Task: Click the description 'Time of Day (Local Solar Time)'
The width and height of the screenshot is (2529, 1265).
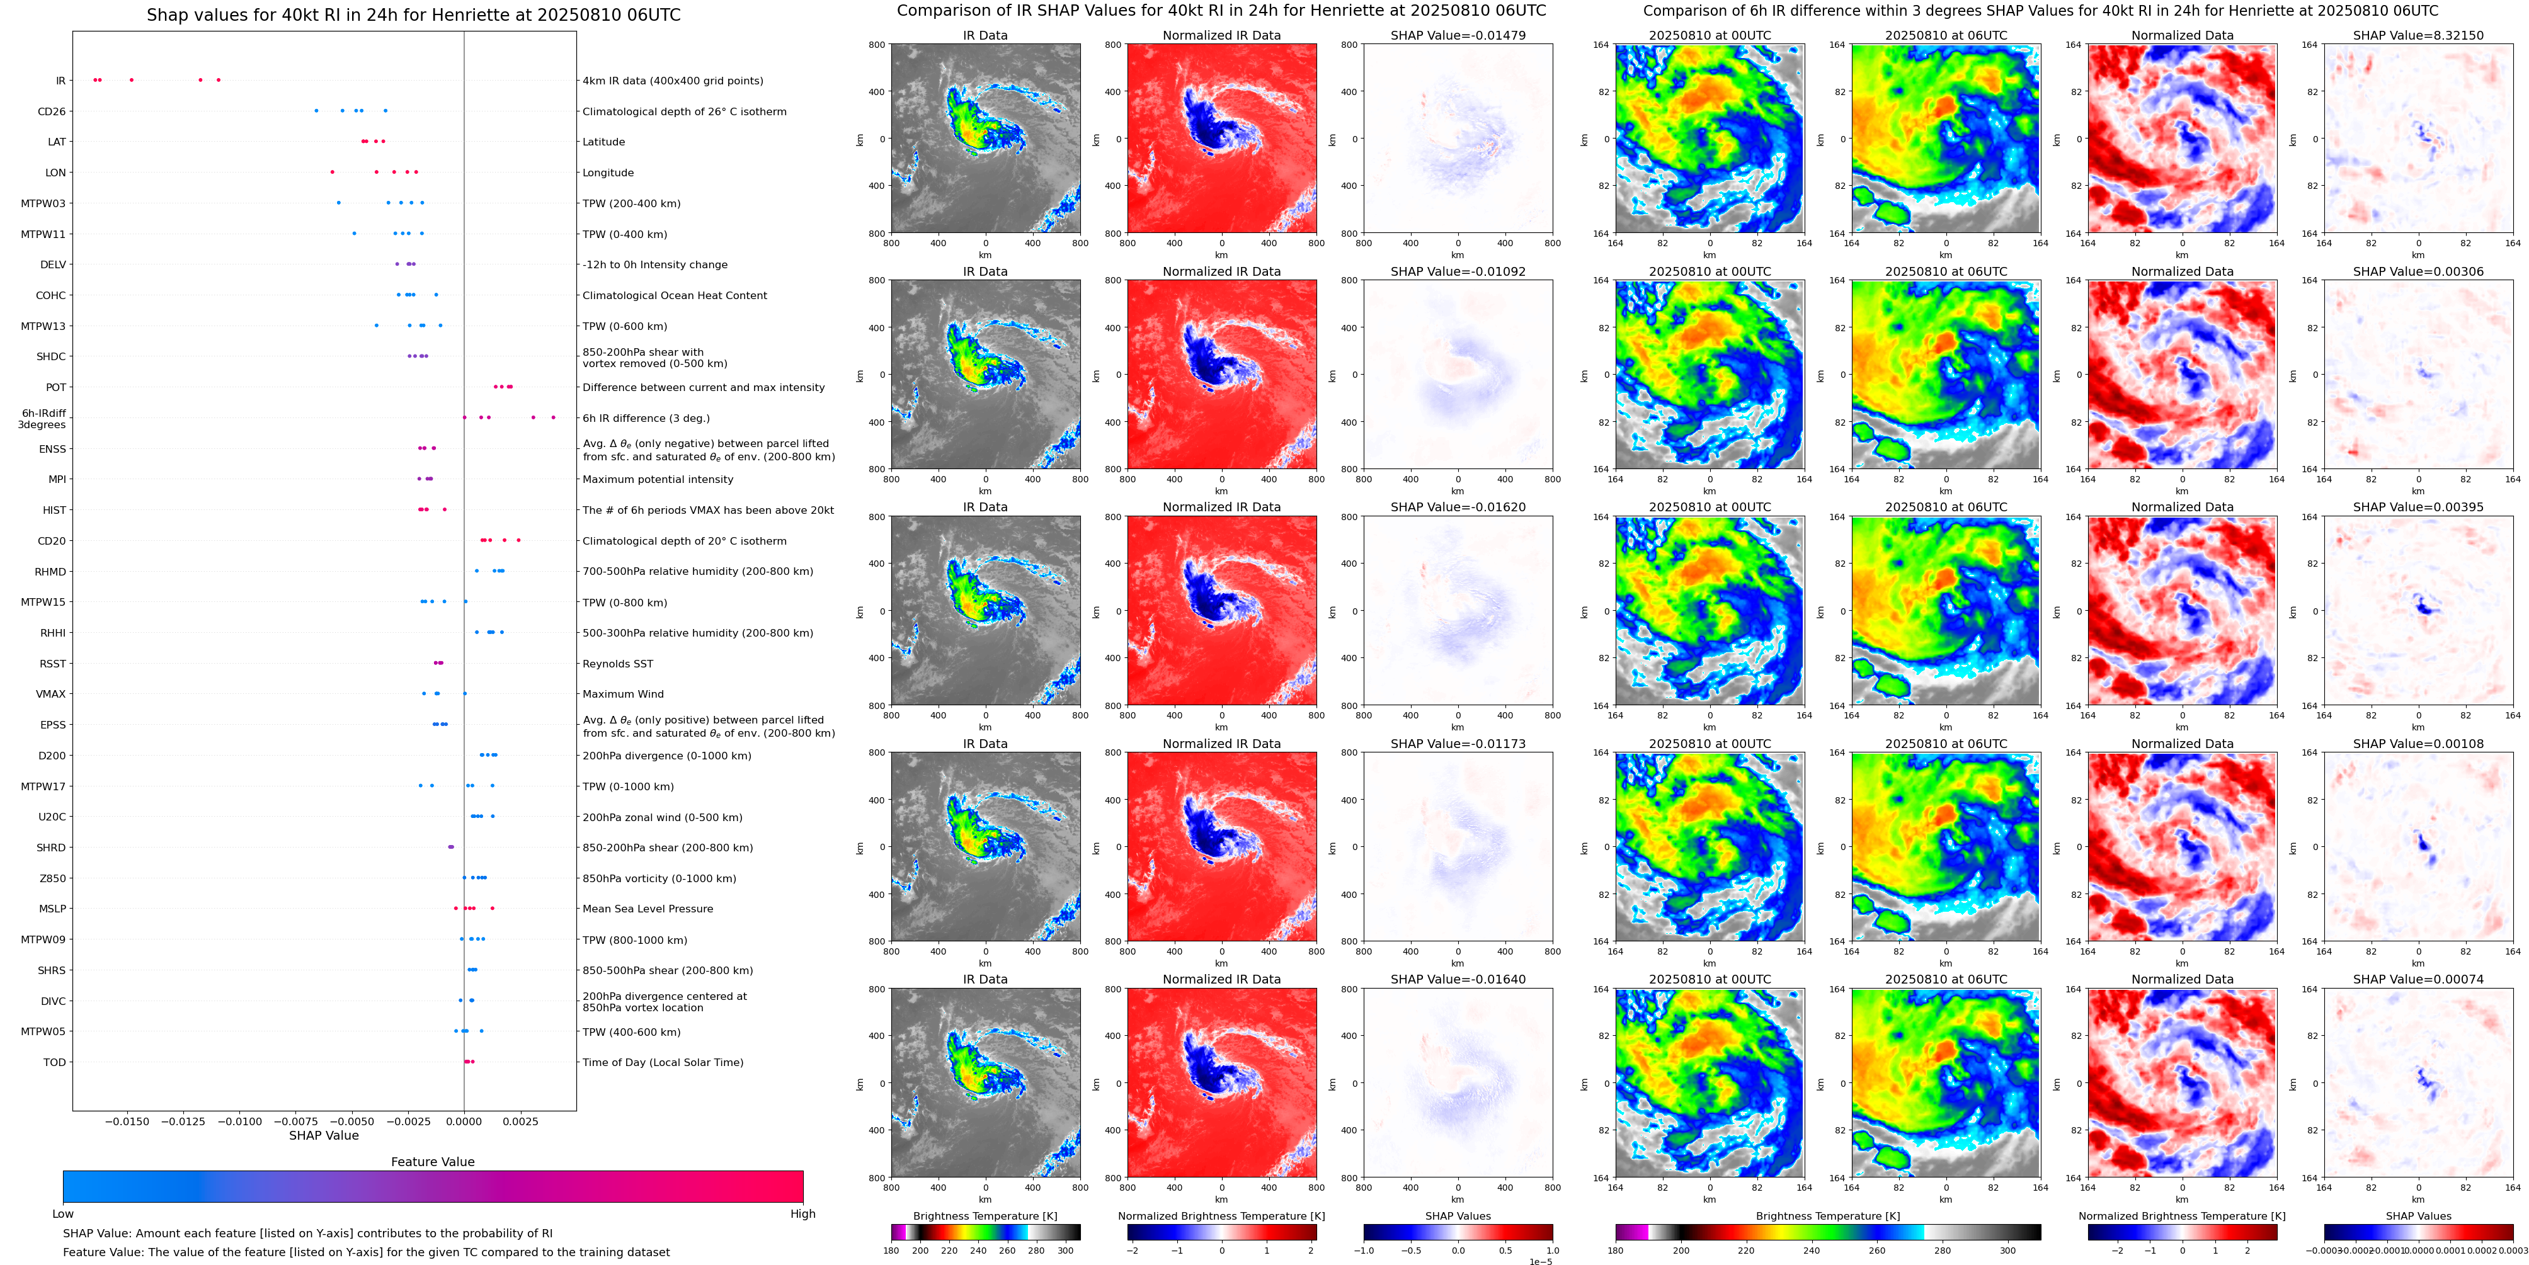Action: click(x=663, y=1062)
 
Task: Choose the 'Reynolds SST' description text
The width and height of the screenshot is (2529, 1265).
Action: click(x=617, y=664)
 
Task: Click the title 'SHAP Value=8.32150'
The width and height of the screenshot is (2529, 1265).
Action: click(x=2418, y=35)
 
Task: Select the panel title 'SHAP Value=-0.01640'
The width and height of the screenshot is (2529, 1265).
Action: click(x=1458, y=979)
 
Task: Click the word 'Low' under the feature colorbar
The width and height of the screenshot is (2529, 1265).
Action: click(x=63, y=1214)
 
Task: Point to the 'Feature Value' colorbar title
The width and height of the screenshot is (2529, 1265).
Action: click(x=432, y=1162)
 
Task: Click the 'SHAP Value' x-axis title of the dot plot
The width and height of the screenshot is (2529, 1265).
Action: click(x=324, y=1135)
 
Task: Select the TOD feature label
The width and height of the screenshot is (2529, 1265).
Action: click(x=54, y=1062)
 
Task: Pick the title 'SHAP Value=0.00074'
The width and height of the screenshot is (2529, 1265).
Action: click(x=2418, y=979)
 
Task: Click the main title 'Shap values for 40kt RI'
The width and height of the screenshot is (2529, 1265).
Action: click(x=413, y=14)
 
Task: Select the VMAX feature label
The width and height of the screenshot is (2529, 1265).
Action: click(x=51, y=694)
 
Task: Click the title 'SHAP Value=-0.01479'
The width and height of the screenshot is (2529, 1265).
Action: click(x=1458, y=35)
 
